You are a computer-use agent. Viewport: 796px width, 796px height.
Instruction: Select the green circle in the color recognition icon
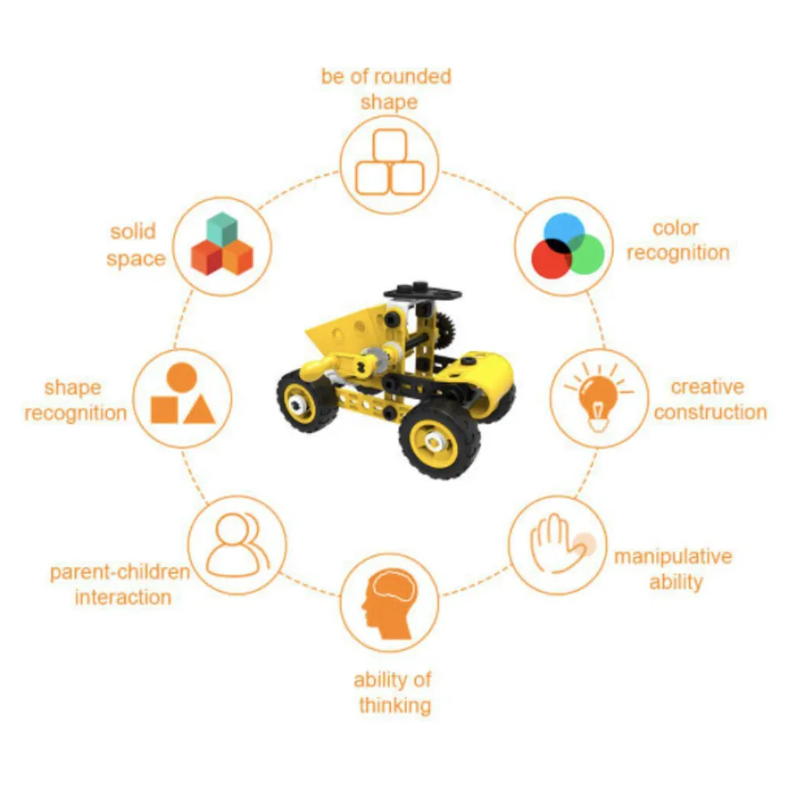click(x=585, y=254)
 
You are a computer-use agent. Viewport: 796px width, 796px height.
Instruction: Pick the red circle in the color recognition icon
click(x=552, y=258)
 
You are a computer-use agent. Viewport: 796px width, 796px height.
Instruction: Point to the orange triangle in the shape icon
click(x=199, y=409)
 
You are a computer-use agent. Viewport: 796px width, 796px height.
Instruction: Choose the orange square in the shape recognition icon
click(x=165, y=409)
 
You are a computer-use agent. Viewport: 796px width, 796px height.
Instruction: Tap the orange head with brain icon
click(x=389, y=605)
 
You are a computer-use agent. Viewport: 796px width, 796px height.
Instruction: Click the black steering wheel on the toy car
click(x=423, y=292)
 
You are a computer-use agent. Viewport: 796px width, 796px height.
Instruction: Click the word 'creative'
click(x=708, y=387)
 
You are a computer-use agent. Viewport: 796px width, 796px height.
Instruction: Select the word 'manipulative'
click(x=673, y=557)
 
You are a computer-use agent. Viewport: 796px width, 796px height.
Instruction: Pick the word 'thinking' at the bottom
click(x=395, y=706)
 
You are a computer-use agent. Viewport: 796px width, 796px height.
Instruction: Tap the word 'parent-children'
click(x=120, y=572)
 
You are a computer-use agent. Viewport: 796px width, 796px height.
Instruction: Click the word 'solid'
click(x=133, y=232)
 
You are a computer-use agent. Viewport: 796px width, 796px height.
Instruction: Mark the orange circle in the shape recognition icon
click(x=181, y=377)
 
